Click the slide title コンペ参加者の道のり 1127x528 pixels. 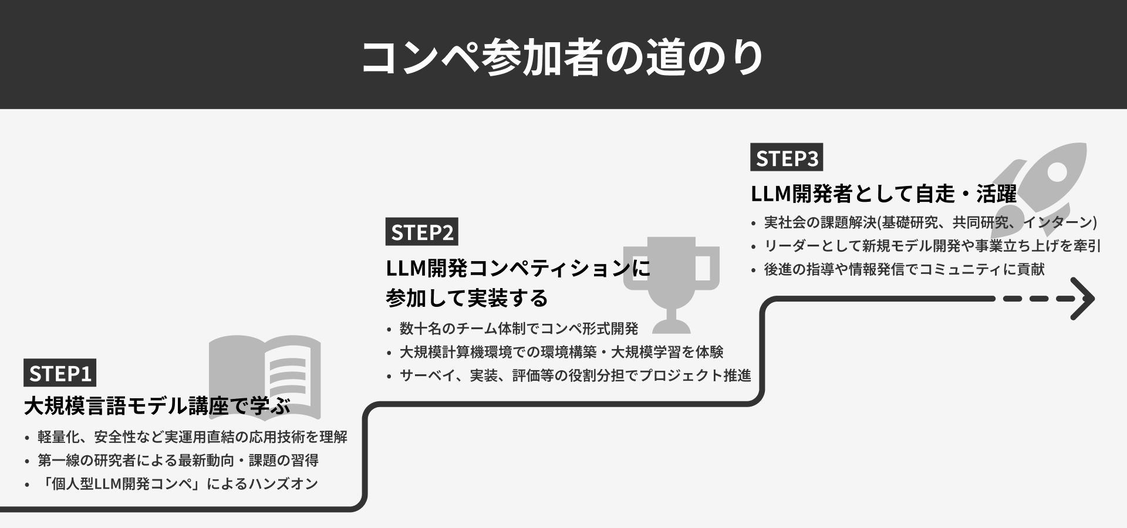(562, 57)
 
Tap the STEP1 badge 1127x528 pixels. (60, 373)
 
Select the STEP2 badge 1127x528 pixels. (421, 232)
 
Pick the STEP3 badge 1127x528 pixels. (787, 158)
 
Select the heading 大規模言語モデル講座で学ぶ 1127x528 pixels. (157, 406)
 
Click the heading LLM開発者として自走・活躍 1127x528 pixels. (883, 194)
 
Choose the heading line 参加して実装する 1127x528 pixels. (467, 298)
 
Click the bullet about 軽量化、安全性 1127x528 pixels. (193, 437)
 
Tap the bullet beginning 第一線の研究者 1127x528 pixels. (178, 461)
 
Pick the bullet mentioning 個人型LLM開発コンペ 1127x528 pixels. (178, 484)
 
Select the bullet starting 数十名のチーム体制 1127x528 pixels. (518, 329)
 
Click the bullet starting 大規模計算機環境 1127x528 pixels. (561, 352)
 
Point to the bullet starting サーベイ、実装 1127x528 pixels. (575, 375)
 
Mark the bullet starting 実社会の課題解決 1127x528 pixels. (930, 222)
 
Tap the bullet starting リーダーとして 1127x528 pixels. (932, 246)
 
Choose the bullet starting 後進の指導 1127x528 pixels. (904, 269)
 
